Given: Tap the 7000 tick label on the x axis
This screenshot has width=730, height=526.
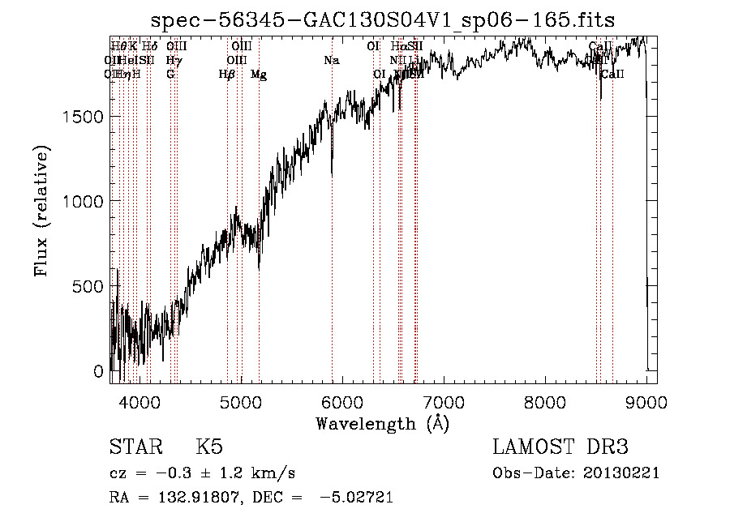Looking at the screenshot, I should [x=444, y=401].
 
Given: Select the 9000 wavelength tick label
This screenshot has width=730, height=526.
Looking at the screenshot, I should [x=646, y=401].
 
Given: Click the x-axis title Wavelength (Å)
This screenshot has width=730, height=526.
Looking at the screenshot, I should [x=382, y=423].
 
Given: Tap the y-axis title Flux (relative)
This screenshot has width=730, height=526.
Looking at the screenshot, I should [x=41, y=211].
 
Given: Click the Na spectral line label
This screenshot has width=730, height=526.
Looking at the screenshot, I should [x=331, y=61].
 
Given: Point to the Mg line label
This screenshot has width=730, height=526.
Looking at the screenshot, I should [x=259, y=75].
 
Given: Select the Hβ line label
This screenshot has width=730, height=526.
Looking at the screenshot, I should [x=227, y=75].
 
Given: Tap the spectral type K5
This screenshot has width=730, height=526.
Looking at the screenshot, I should [x=209, y=447].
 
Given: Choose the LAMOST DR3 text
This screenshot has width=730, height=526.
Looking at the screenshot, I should [x=560, y=447].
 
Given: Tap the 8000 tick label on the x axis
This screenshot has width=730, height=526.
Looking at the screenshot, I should [x=545, y=401].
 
